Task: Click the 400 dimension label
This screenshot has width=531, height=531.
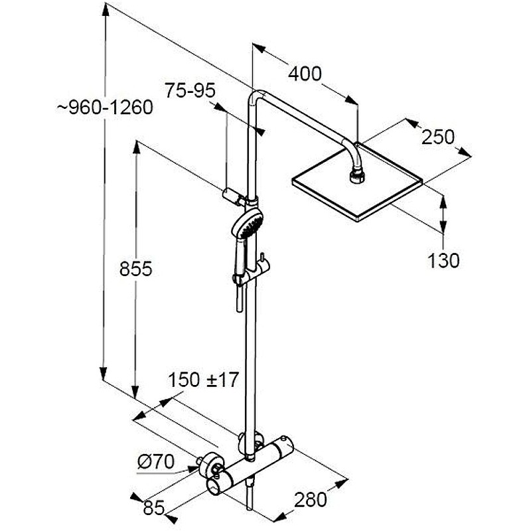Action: coord(304,73)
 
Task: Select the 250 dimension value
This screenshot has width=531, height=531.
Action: coord(439,137)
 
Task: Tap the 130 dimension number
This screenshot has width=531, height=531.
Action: coord(443,260)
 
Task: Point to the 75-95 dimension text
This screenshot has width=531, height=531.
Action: coord(190,92)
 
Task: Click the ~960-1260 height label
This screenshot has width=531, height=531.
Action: coord(104,107)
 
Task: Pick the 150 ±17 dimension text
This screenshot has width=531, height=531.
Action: coord(202,380)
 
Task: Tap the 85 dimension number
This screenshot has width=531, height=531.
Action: coord(154,508)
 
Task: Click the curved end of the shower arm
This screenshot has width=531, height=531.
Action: coord(353,149)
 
